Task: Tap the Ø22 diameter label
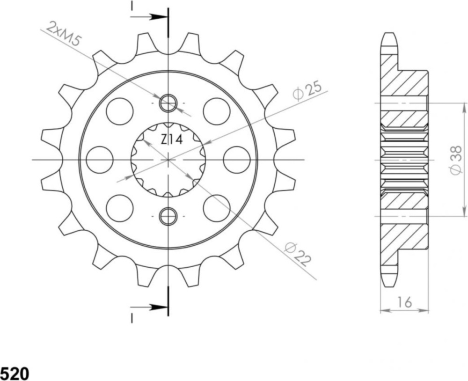pyautogui.click(x=298, y=254)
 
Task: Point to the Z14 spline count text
pyautogui.click(x=171, y=139)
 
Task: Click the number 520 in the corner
pyautogui.click(x=15, y=374)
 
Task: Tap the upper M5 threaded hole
pyautogui.click(x=168, y=103)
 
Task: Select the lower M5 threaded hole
pyautogui.click(x=168, y=216)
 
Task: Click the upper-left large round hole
pyautogui.click(x=120, y=111)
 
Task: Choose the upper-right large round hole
pyautogui.click(x=217, y=111)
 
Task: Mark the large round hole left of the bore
pyautogui.click(x=100, y=160)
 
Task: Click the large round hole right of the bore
pyautogui.click(x=236, y=160)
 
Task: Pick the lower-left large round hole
pyautogui.click(x=120, y=208)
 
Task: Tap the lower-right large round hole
pyautogui.click(x=217, y=208)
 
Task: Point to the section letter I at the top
pyautogui.click(x=132, y=6)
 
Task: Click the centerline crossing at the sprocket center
pyautogui.click(x=168, y=160)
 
